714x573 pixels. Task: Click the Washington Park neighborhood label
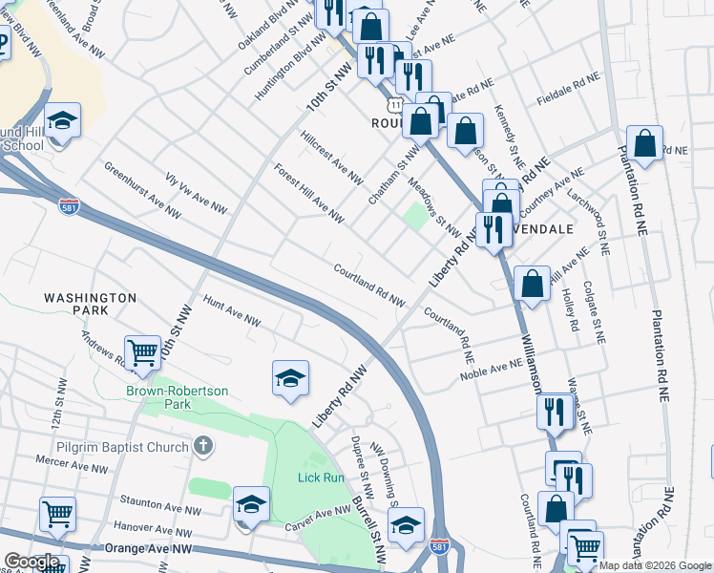tap(90, 305)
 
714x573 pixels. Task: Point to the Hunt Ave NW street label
tap(232, 312)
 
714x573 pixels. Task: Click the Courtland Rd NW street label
tap(369, 285)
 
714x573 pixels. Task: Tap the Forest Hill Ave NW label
tap(308, 192)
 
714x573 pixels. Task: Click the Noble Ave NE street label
tap(492, 370)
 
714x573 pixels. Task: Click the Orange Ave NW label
tap(148, 548)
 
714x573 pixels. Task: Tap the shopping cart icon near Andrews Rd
tap(142, 350)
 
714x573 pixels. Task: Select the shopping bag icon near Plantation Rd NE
tap(645, 143)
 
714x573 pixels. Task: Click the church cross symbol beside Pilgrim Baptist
tap(201, 445)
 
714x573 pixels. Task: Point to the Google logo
tap(31, 562)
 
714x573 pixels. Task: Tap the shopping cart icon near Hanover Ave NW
tap(57, 514)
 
